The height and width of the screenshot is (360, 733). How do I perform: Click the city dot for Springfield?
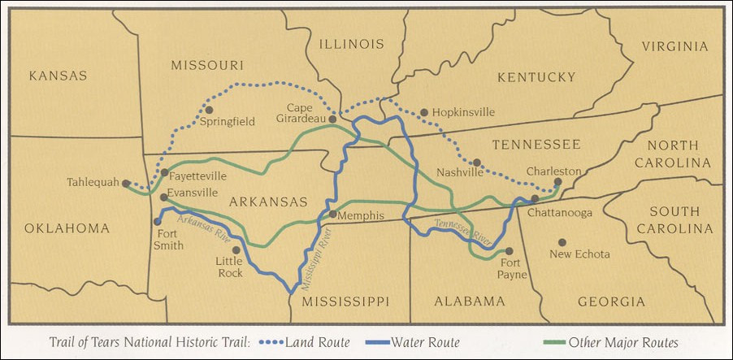pos(209,109)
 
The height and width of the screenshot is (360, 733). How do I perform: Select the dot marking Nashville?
pos(477,163)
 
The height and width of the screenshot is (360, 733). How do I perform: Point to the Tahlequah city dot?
pos(126,184)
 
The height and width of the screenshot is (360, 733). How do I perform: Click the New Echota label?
pos(580,254)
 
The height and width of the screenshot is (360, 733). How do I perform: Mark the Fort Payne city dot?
pos(510,251)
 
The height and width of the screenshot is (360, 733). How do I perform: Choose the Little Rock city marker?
pos(236,250)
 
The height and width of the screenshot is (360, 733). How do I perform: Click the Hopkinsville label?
pos(463,113)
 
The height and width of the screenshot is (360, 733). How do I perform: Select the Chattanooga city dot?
pos(535,198)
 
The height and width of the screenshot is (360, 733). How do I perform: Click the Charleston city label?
pos(554,171)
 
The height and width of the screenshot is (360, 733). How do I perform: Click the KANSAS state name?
pos(57,76)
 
